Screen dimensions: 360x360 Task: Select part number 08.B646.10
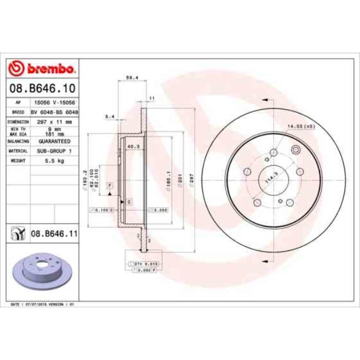(x=42, y=88)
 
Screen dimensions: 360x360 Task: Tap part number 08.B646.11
(x=53, y=235)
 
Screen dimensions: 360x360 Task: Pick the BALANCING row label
(x=18, y=141)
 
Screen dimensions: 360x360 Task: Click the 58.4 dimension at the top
(x=132, y=78)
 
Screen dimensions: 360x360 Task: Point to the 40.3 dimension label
(x=133, y=147)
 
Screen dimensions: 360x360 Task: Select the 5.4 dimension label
(x=109, y=117)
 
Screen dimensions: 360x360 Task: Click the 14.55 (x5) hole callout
(x=300, y=127)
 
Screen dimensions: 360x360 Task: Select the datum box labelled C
(x=128, y=202)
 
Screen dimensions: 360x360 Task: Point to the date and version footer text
(x=43, y=305)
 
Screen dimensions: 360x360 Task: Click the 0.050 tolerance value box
(x=160, y=210)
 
